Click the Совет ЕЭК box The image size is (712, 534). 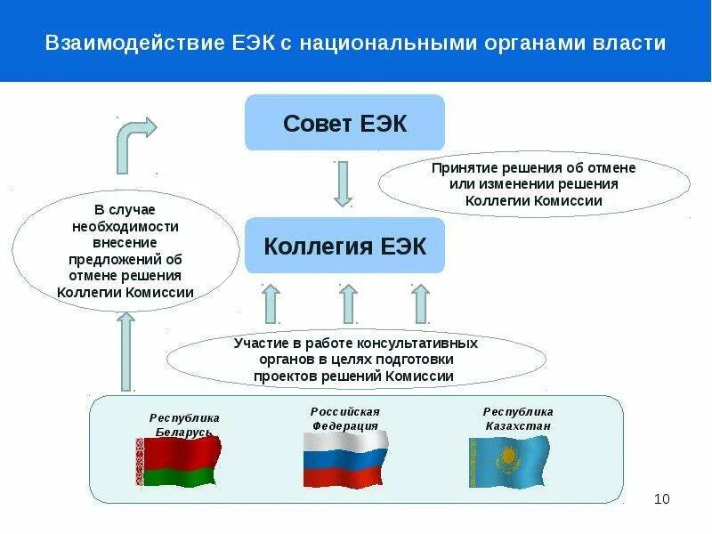pyautogui.click(x=344, y=123)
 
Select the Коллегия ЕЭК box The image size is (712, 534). pyautogui.click(x=344, y=246)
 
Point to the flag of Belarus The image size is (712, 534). pyautogui.click(x=177, y=462)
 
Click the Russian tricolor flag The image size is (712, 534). pyautogui.click(x=345, y=459)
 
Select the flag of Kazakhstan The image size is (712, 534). pyautogui.click(x=509, y=461)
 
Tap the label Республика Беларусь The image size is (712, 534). pyautogui.click(x=184, y=424)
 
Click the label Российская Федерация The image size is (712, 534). pyautogui.click(x=345, y=418)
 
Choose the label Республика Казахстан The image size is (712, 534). pyautogui.click(x=518, y=418)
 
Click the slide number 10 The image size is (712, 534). pyautogui.click(x=661, y=498)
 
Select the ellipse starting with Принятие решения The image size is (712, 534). pyautogui.click(x=534, y=184)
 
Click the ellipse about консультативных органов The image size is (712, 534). pyautogui.click(x=356, y=360)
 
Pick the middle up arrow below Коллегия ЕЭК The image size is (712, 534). pyautogui.click(x=348, y=303)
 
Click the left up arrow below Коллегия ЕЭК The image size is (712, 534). pyautogui.click(x=271, y=303)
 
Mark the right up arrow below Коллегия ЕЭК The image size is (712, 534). pyautogui.click(x=420, y=303)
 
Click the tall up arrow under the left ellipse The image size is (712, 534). pyautogui.click(x=125, y=351)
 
